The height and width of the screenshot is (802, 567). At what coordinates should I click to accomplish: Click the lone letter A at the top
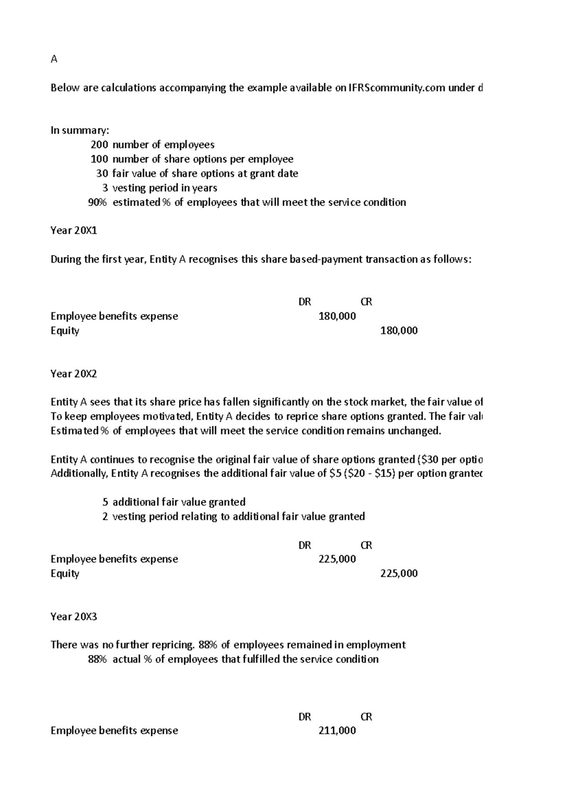tap(54, 60)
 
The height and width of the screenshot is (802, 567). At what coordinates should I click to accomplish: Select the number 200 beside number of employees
tap(99, 145)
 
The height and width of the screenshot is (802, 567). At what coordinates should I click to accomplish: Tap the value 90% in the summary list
tap(97, 202)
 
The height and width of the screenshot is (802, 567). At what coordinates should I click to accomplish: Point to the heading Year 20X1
tap(74, 230)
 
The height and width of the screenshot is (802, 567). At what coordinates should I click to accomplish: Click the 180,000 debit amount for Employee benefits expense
tap(337, 316)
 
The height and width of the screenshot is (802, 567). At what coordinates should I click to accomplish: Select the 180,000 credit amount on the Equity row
tap(399, 330)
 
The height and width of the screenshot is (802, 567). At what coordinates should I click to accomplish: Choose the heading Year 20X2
tap(74, 374)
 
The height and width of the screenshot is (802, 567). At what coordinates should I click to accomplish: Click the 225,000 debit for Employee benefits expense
tap(337, 559)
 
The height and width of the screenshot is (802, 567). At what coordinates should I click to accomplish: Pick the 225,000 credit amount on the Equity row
tap(399, 573)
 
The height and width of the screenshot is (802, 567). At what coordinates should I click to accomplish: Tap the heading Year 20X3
tap(74, 616)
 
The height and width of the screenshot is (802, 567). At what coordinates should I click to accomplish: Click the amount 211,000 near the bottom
tap(337, 730)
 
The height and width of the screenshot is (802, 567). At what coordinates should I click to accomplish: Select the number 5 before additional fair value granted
tap(105, 502)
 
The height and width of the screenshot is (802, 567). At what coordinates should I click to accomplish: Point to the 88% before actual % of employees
tap(97, 659)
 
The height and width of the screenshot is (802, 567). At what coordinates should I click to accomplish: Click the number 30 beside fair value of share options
tap(102, 173)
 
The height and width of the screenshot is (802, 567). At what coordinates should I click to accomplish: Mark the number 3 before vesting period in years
tap(105, 188)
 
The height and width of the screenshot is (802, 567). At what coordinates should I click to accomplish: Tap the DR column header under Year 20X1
tap(305, 302)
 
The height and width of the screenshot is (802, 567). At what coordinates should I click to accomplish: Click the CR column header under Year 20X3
tap(366, 717)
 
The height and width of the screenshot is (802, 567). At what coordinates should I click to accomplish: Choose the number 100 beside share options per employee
tap(99, 159)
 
